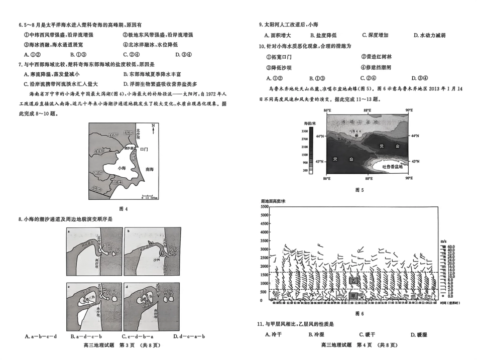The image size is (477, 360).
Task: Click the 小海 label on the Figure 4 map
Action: tap(119, 169)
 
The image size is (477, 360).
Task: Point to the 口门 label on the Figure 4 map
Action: tap(144, 149)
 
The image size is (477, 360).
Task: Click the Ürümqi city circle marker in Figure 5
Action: tap(356, 136)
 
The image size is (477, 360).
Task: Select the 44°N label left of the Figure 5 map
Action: tap(319, 136)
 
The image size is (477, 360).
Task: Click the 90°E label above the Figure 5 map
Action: tap(409, 110)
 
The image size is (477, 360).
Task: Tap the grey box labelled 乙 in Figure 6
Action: tap(354, 281)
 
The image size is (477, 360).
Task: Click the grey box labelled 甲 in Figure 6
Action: tap(354, 296)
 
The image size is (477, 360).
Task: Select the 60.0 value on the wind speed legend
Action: tap(450, 247)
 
